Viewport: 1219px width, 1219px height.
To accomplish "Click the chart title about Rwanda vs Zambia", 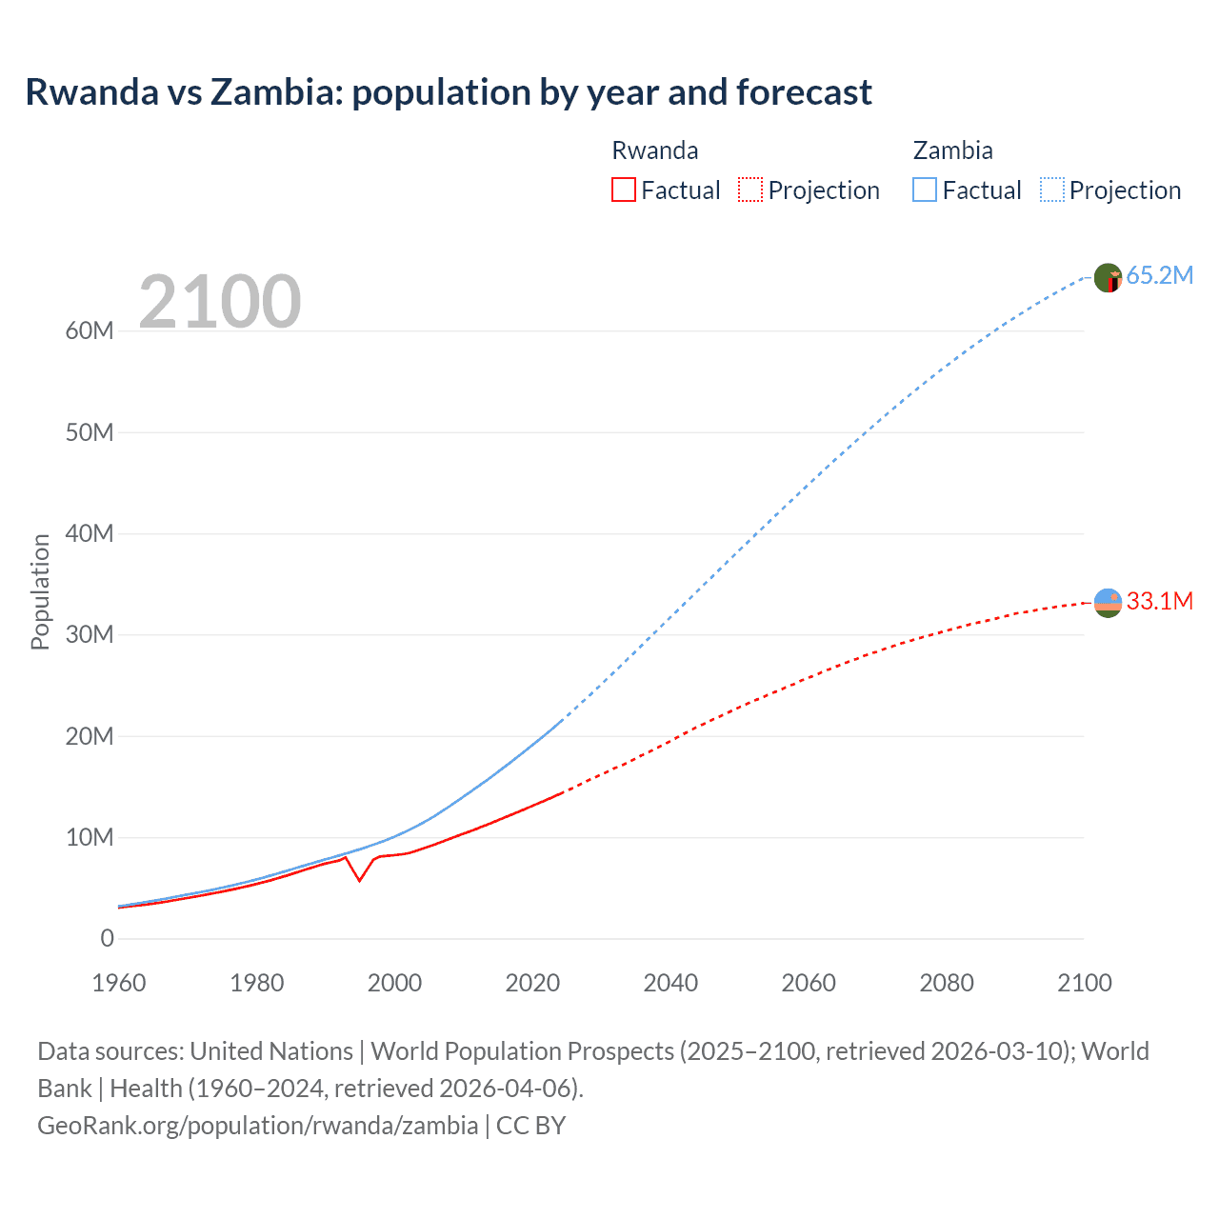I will pos(448,92).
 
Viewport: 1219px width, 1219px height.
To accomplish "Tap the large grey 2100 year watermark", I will pos(220,302).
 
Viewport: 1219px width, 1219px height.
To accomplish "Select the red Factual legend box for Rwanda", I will pos(623,190).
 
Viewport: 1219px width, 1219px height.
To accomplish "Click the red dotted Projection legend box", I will pos(750,190).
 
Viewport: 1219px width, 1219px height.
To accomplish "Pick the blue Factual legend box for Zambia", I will pos(924,190).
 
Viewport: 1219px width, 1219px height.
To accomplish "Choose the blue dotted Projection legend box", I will pos(1051,190).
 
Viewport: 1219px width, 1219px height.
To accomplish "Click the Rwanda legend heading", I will pos(654,150).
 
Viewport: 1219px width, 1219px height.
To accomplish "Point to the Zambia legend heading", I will pos(952,150).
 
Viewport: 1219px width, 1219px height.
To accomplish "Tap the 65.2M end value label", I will pos(1159,276).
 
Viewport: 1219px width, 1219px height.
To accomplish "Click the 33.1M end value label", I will pos(1159,601).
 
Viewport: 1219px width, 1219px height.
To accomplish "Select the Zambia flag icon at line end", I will pos(1108,278).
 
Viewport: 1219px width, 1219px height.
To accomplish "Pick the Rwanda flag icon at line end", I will pos(1108,603).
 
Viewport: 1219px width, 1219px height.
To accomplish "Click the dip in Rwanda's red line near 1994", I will pos(359,880).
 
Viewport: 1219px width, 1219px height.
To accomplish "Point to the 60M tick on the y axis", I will pos(90,331).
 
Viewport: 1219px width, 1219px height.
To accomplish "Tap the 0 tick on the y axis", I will pos(107,939).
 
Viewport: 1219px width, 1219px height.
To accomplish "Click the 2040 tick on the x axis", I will pos(670,983).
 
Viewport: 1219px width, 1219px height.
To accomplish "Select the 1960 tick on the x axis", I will pos(119,983).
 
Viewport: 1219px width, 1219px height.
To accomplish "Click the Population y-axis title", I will pos(40,591).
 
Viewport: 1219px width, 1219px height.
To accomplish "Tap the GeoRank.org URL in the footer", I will pos(257,1126).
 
